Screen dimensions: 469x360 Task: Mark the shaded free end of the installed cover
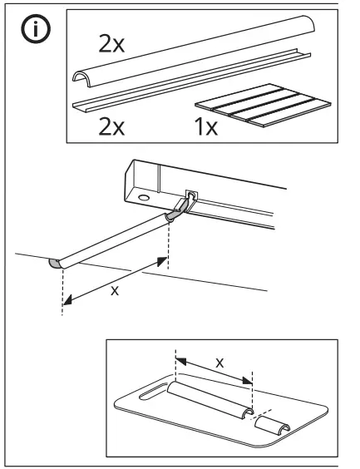pyautogui.click(x=55, y=264)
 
